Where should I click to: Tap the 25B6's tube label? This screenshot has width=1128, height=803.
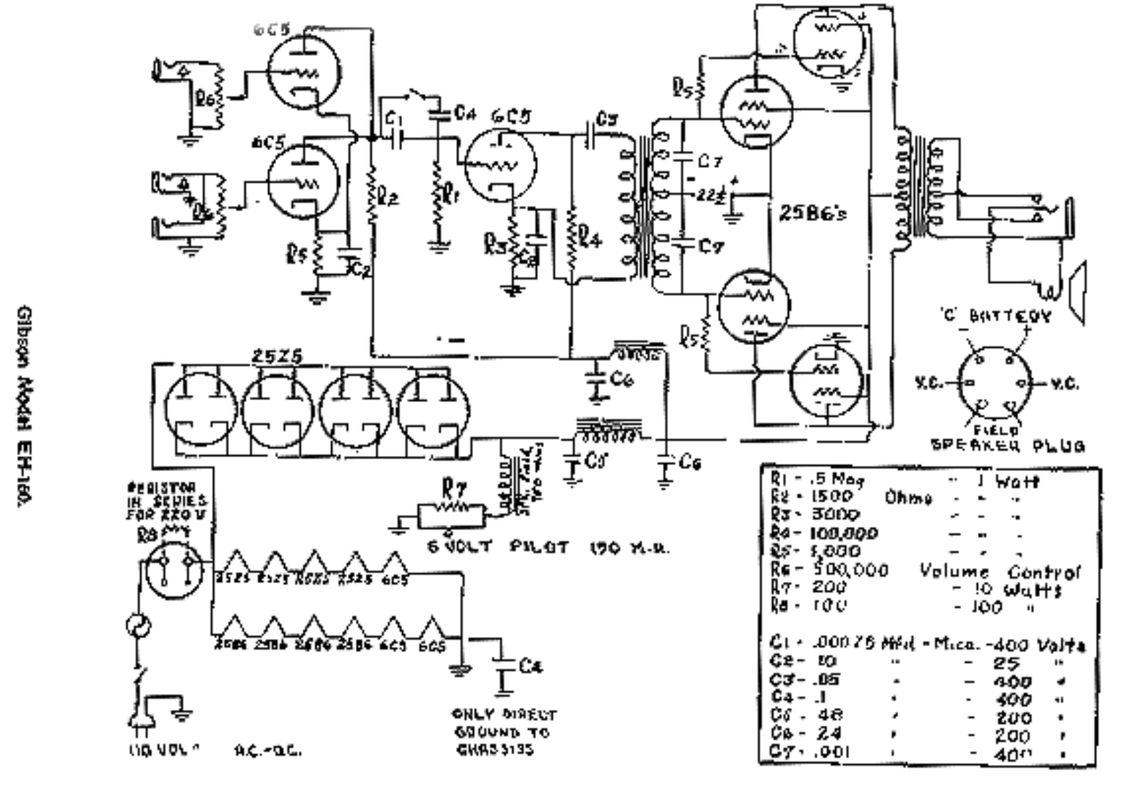812,213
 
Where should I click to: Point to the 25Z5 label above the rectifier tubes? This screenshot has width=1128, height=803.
276,356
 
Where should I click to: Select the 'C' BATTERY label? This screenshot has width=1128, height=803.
996,316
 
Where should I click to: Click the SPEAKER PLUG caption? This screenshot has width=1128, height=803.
1007,445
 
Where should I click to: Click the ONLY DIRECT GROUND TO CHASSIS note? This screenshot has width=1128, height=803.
504,732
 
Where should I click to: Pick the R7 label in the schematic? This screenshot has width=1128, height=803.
454,490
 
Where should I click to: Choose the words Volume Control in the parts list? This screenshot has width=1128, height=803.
999,572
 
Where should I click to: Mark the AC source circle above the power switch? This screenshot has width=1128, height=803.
137,626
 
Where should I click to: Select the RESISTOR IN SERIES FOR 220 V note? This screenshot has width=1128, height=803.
166,501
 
